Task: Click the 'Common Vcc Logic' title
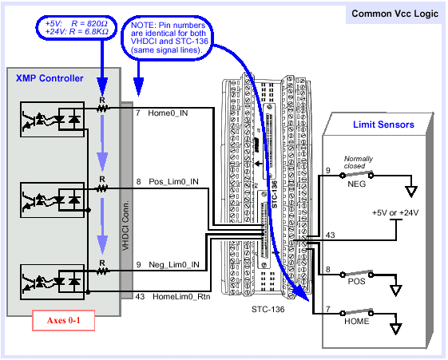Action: [x=394, y=14]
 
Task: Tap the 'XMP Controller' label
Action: [x=50, y=78]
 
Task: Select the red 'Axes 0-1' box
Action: [x=63, y=320]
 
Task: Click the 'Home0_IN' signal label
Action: [x=168, y=113]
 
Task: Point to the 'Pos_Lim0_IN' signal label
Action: [x=173, y=181]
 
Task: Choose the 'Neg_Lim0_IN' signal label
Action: [x=174, y=265]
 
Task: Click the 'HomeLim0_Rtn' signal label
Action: [x=181, y=297]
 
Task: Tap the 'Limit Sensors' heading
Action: [x=383, y=125]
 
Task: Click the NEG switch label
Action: [x=357, y=184]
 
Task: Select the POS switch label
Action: [x=356, y=282]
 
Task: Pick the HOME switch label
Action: [x=357, y=322]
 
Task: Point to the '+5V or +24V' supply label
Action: [x=395, y=212]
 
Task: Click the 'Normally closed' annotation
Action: [x=359, y=162]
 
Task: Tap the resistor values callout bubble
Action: [x=77, y=27]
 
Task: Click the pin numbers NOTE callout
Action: [x=168, y=38]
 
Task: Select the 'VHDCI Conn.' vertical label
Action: [x=125, y=226]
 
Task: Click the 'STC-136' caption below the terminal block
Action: [x=268, y=309]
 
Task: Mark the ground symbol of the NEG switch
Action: [x=411, y=192]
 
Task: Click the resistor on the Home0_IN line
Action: [x=102, y=109]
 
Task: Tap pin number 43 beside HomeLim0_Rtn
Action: [x=140, y=297]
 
